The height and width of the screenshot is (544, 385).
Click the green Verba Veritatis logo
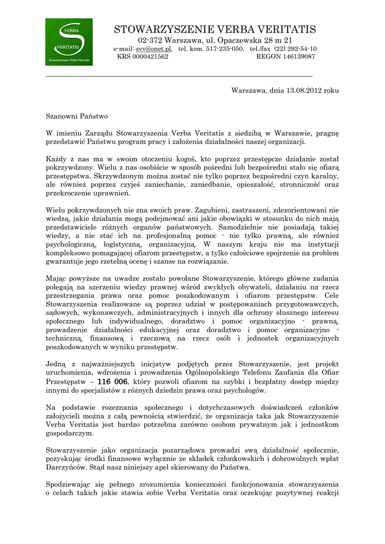[x=69, y=42]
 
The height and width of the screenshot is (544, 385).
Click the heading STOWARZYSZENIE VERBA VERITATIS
[x=215, y=30]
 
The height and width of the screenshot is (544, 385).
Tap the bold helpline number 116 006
[x=113, y=382]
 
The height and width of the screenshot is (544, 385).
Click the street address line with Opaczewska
[x=215, y=40]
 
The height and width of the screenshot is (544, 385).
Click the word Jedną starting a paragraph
[x=56, y=364]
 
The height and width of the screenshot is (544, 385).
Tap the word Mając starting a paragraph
[x=57, y=278]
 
